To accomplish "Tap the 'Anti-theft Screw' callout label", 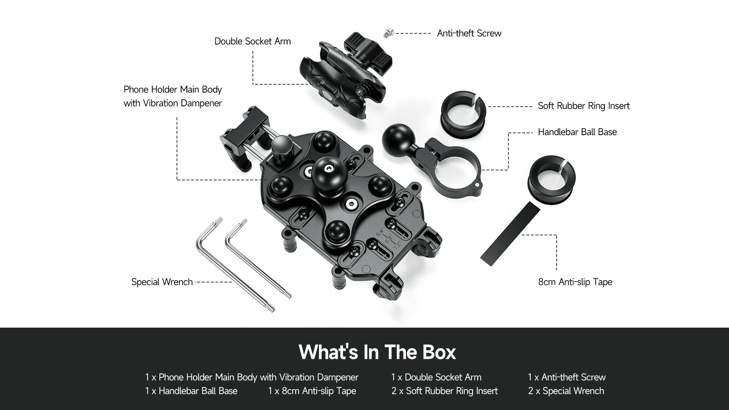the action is pyautogui.click(x=469, y=33).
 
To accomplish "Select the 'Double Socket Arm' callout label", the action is pyautogui.click(x=252, y=41).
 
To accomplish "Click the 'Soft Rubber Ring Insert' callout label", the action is pyautogui.click(x=584, y=106).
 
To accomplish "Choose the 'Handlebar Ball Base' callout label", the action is pyautogui.click(x=577, y=132).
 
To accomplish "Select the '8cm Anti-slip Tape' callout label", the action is pyautogui.click(x=575, y=282).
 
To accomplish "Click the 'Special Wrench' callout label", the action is pyautogui.click(x=162, y=282).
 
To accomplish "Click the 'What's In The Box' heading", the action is pyautogui.click(x=377, y=352).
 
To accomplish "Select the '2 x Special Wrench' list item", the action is pyautogui.click(x=566, y=391).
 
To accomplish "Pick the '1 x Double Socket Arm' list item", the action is pyautogui.click(x=436, y=377).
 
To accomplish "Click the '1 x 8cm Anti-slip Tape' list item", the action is pyautogui.click(x=312, y=391).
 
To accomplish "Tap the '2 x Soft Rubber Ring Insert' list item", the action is pyautogui.click(x=445, y=391).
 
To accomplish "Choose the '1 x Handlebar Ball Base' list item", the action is pyautogui.click(x=191, y=391).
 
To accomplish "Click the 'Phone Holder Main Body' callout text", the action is pyautogui.click(x=173, y=90).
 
